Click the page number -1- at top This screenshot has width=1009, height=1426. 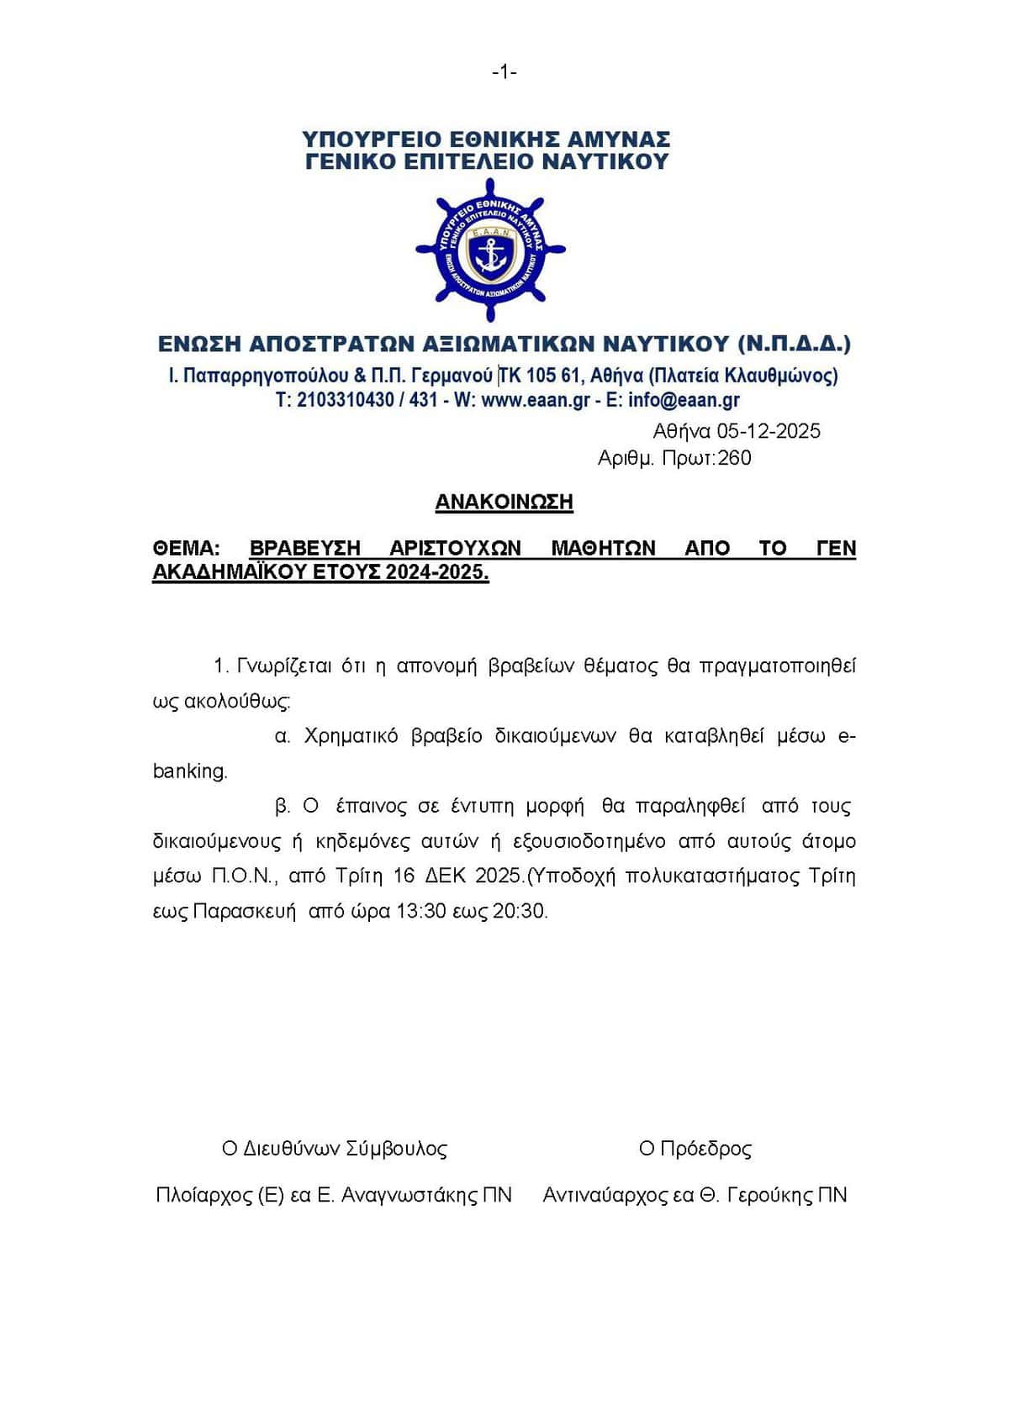tap(504, 73)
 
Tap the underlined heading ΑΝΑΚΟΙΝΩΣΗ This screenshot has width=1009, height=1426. tap(504, 503)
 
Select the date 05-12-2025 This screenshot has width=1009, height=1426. tap(769, 431)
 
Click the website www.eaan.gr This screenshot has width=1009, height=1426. tap(536, 400)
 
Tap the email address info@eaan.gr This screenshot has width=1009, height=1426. tap(684, 400)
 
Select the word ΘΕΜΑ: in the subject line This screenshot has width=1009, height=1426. tap(186, 549)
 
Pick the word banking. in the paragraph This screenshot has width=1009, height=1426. tap(190, 771)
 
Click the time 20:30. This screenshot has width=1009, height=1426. tap(520, 911)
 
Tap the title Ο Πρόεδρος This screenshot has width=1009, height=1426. tap(695, 1149)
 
